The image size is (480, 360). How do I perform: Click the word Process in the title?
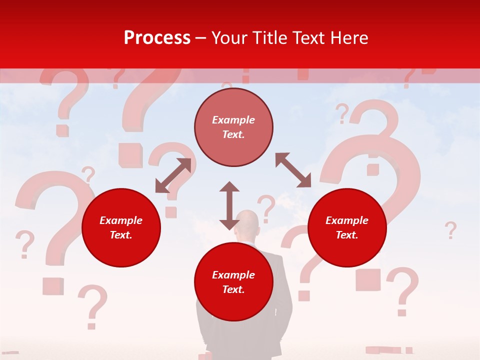point(157,38)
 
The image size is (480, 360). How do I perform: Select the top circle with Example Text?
point(233,127)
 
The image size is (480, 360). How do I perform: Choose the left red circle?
point(121,227)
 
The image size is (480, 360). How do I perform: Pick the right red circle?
point(347,227)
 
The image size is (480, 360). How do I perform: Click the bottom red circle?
point(233,282)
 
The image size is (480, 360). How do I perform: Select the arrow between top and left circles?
point(173,175)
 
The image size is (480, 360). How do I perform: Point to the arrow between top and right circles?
point(293,170)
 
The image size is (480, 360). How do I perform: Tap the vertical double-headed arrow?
point(229,205)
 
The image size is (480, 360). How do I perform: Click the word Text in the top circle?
point(233,134)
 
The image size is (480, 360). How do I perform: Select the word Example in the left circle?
point(121,220)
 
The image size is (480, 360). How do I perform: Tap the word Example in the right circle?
point(347,220)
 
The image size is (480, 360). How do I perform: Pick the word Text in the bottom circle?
point(233,289)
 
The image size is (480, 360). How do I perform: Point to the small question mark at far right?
point(450,230)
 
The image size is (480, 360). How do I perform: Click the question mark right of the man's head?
point(266,208)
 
